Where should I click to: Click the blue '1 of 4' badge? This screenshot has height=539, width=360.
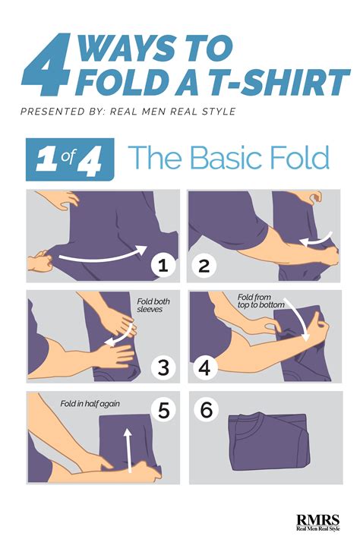tap(70, 159)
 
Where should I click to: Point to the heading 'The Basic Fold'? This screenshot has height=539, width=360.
tap(229, 158)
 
